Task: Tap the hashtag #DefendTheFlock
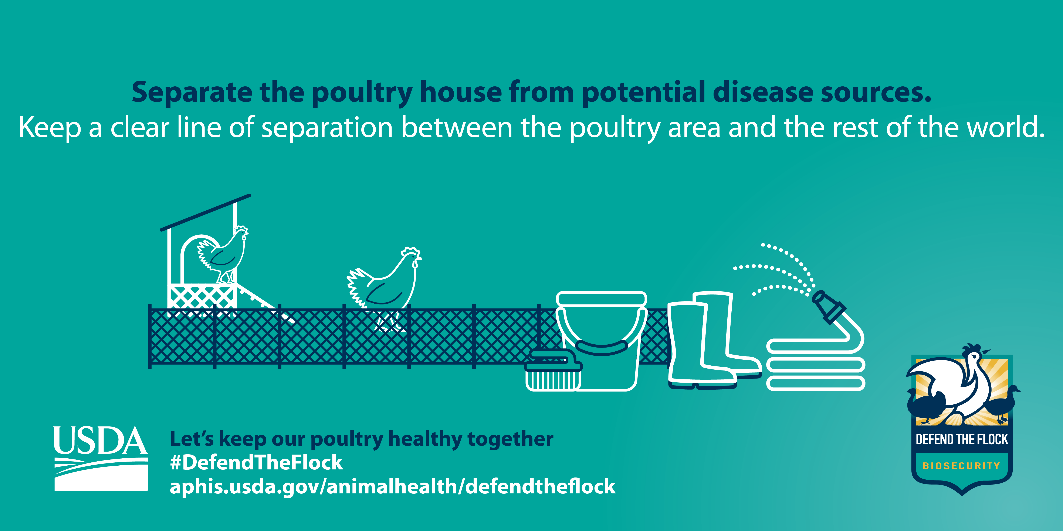click(x=256, y=463)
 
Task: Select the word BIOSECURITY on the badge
click(x=961, y=466)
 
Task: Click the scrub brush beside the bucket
click(x=553, y=370)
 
